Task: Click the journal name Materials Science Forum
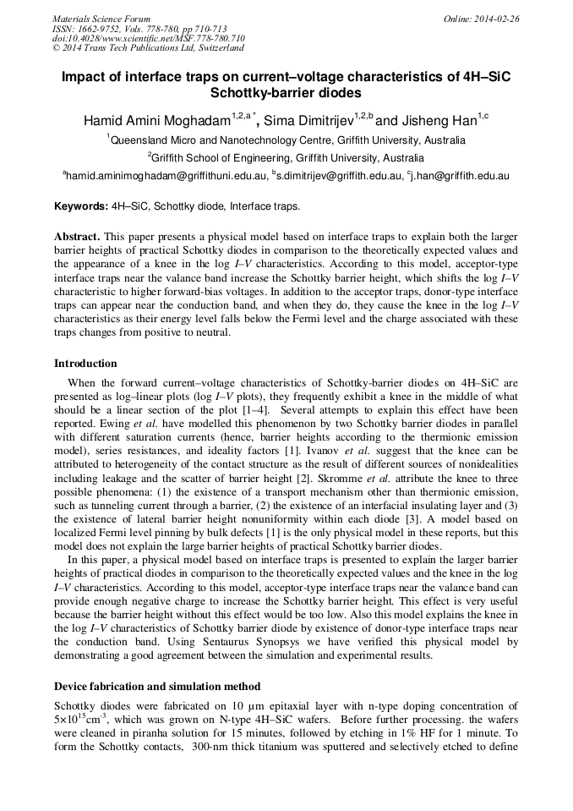tap(101, 19)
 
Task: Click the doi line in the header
tap(149, 39)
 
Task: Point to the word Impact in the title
tap(84, 77)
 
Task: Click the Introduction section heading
tap(85, 364)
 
